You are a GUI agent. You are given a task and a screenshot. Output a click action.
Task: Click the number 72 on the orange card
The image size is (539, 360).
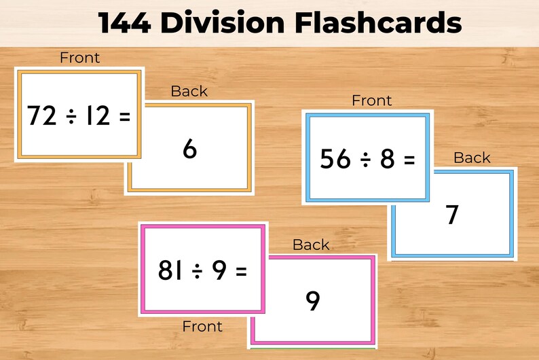click(42, 116)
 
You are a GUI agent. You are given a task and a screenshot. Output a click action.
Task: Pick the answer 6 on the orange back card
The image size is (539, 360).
click(189, 149)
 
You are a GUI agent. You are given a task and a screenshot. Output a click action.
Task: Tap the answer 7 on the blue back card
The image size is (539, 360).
click(452, 215)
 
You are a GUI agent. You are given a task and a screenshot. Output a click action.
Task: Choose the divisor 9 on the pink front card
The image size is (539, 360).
click(219, 271)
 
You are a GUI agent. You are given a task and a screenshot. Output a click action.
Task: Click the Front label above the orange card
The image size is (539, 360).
click(79, 58)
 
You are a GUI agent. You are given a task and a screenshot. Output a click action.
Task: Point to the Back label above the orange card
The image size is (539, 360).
click(189, 91)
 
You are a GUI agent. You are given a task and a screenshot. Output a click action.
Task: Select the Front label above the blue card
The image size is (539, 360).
click(371, 101)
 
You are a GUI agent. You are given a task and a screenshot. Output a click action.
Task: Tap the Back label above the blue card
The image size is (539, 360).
click(471, 158)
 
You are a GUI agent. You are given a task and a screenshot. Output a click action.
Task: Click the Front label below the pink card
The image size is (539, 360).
click(202, 327)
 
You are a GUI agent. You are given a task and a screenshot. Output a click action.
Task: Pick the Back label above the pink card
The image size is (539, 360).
click(311, 245)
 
